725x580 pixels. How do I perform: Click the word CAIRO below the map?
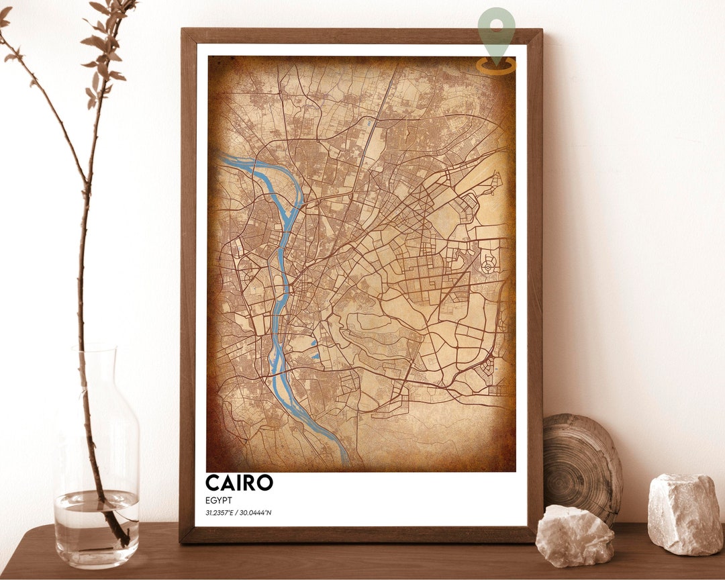coord(239,483)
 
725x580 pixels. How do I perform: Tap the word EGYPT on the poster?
coord(220,500)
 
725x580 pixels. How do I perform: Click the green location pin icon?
coord(497,28)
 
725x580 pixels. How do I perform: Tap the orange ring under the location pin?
coord(497,65)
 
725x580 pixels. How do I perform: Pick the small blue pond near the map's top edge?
coord(369,123)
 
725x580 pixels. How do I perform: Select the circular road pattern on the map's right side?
coord(488,267)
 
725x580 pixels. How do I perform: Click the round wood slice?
coord(581,463)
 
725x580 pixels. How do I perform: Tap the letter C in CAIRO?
coord(213,483)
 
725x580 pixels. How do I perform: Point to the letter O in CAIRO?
coord(264,483)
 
